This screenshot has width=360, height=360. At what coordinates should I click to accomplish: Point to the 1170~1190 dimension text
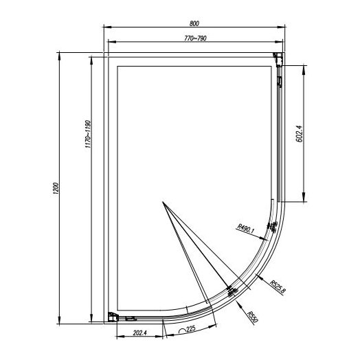point(87,137)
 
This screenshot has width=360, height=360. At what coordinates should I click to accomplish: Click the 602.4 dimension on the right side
point(298,133)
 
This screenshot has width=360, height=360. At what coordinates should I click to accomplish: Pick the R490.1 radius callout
point(246,228)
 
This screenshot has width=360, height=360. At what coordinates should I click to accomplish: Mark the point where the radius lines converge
point(164,203)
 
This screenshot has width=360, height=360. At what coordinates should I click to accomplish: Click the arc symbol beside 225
point(183,330)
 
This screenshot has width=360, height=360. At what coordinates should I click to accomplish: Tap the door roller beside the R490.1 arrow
point(274,227)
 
